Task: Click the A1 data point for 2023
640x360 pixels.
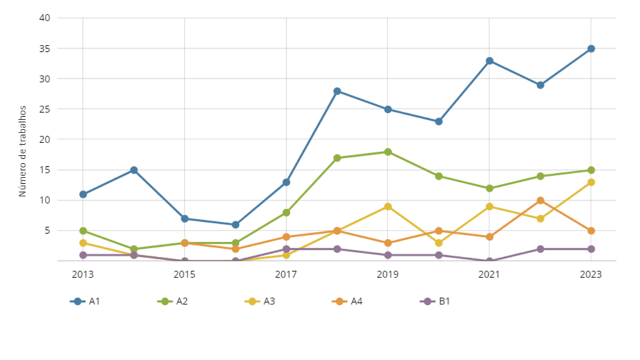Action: (591, 49)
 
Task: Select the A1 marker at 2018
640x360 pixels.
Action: (337, 91)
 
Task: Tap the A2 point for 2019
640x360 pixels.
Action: (387, 152)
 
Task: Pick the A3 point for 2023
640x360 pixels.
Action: (591, 182)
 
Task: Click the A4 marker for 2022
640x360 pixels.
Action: (540, 201)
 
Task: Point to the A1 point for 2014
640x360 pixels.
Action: (134, 170)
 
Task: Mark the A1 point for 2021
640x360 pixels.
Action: (489, 61)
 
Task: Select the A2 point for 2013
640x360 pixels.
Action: (83, 231)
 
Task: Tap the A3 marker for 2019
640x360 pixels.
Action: (387, 206)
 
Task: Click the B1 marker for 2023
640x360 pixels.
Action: (591, 249)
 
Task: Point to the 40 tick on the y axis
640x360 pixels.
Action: (44, 17)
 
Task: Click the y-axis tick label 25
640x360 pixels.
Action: (44, 109)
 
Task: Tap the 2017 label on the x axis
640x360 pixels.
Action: (286, 274)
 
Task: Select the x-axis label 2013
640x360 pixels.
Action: (83, 274)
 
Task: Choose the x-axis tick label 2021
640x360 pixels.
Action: (489, 274)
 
